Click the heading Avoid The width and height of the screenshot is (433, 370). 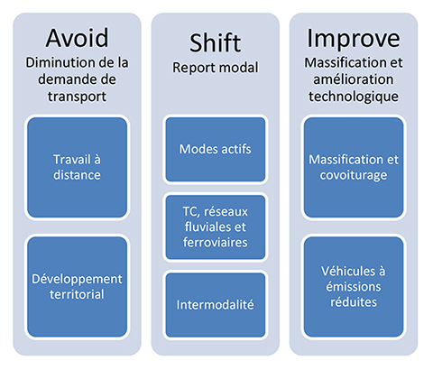(77, 38)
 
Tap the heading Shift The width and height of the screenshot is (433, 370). (216, 42)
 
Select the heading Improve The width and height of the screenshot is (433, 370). (354, 39)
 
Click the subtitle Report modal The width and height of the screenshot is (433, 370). (216, 68)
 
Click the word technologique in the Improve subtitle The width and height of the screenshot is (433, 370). (354, 97)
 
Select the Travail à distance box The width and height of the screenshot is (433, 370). (77, 167)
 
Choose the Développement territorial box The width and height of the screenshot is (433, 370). (77, 287)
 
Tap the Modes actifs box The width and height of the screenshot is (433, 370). (216, 149)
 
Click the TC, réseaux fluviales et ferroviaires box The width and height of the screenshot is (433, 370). (216, 227)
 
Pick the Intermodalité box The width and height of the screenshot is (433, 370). (216, 305)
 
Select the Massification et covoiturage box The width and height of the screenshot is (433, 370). (354, 167)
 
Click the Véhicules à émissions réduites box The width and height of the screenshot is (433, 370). (354, 287)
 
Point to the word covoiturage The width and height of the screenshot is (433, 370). (354, 176)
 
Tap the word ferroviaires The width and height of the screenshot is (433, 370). (216, 243)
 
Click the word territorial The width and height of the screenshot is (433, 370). (77, 294)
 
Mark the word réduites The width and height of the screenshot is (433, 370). (354, 302)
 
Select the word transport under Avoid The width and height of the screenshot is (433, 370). (77, 97)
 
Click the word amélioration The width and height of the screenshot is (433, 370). (354, 79)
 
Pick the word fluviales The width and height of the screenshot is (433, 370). (216, 227)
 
